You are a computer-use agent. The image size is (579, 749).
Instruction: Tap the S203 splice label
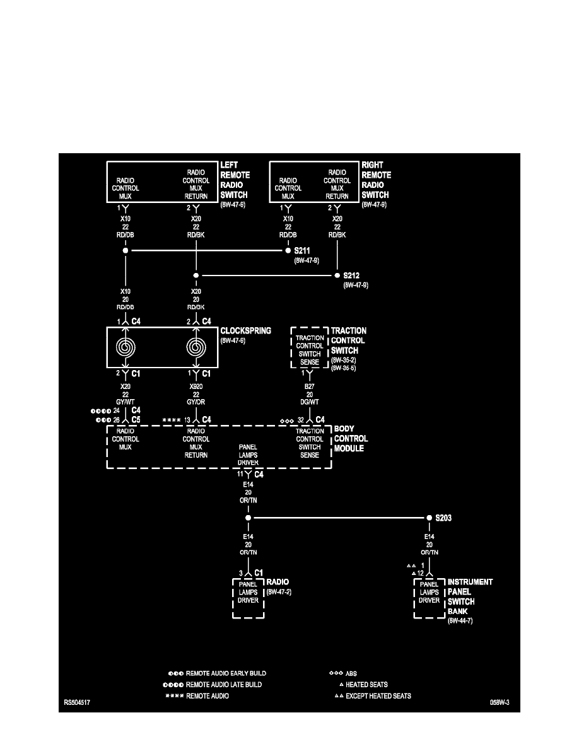[443, 518]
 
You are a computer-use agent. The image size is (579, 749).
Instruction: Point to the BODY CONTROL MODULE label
[350, 439]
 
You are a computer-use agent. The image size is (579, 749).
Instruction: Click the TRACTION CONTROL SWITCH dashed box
[309, 346]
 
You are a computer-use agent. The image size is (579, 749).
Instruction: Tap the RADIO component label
[278, 581]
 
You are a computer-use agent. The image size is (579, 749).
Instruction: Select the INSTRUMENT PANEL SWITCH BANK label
[470, 596]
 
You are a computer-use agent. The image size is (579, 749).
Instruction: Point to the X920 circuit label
[196, 385]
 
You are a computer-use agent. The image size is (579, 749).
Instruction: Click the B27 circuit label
[309, 385]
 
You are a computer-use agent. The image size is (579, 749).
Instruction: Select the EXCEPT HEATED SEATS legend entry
[378, 696]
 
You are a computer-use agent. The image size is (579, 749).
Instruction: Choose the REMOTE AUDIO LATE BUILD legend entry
[223, 684]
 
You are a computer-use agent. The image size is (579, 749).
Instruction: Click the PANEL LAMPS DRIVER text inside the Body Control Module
[247, 454]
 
